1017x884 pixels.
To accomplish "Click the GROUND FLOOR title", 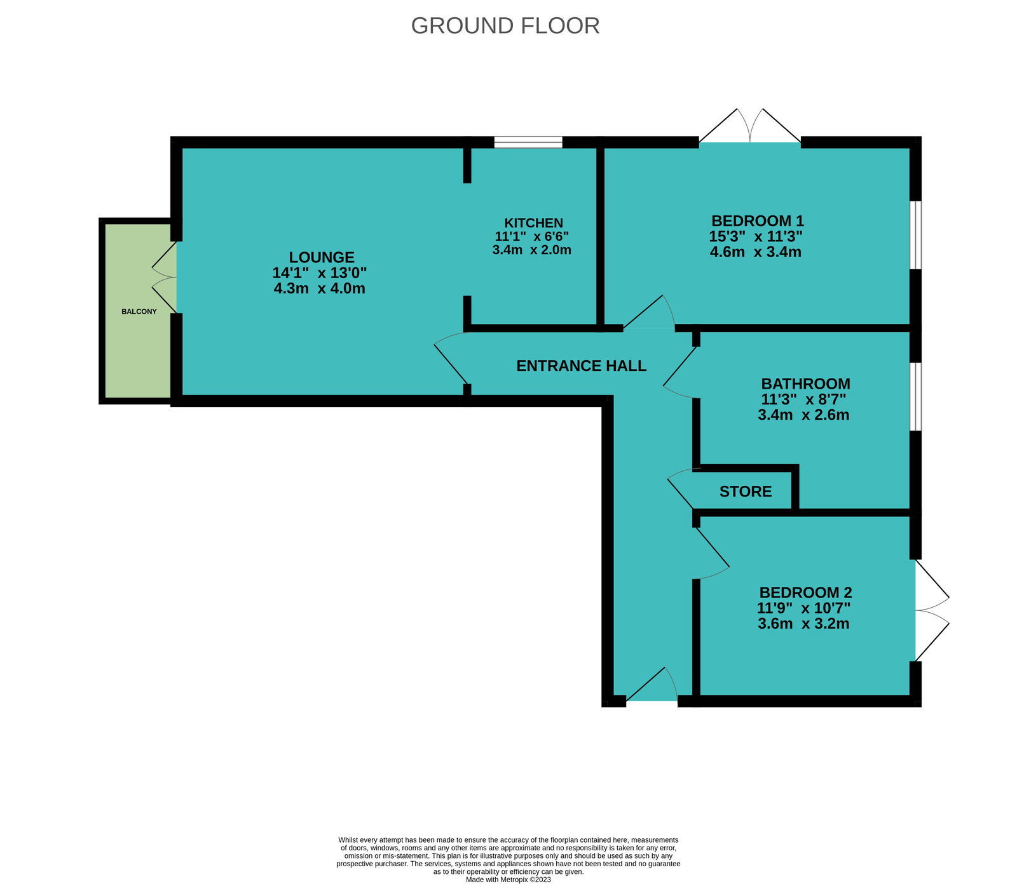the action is (505, 25).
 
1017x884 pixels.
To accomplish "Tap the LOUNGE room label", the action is (322, 257).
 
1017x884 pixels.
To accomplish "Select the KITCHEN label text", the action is (533, 223).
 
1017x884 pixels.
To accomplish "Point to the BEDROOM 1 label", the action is (758, 221).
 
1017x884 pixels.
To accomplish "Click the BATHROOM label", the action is (805, 384).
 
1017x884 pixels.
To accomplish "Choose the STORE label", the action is (746, 492).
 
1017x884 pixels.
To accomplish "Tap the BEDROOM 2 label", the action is (805, 593).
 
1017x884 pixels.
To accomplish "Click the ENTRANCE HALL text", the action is (581, 366).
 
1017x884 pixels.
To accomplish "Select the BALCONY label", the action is (139, 312).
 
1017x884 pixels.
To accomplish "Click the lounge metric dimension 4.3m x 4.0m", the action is (320, 288).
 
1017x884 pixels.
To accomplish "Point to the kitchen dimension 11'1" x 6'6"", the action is (532, 236).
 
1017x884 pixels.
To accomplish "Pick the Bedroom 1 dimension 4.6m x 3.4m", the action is (756, 251).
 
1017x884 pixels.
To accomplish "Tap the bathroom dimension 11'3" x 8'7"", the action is (803, 399).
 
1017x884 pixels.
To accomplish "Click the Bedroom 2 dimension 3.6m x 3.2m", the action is (803, 624).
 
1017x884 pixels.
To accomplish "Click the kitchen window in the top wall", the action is (528, 142).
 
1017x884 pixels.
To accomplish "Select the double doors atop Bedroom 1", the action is (750, 126).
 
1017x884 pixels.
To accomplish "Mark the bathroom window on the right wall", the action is (915, 397).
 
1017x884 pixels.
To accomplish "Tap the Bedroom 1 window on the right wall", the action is (915, 236).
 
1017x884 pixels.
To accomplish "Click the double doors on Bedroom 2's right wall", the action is (932, 610).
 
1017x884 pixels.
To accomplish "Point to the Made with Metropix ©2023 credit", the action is (508, 880).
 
